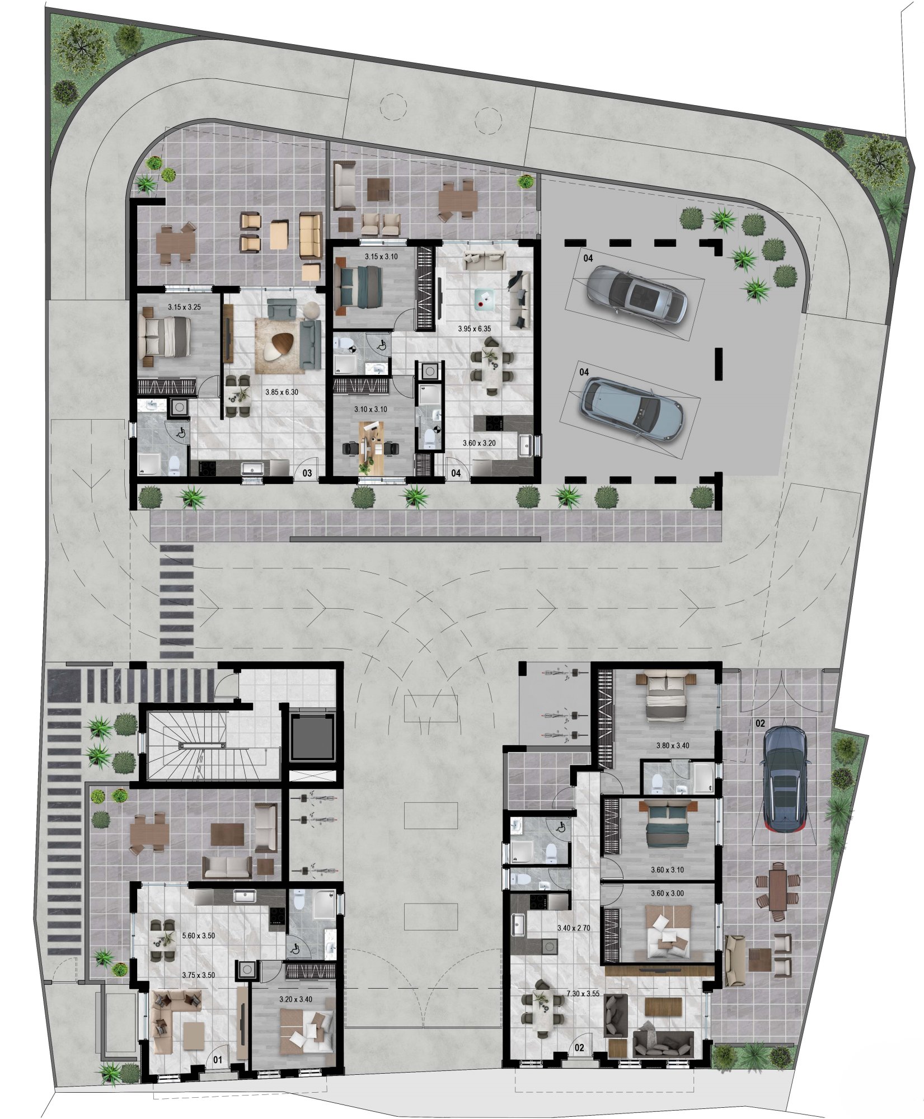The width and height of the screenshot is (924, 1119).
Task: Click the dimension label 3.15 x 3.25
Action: click(x=184, y=307)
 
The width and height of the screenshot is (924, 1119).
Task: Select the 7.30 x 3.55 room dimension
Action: click(x=583, y=994)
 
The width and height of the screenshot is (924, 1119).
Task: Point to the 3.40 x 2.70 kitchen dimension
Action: click(x=574, y=928)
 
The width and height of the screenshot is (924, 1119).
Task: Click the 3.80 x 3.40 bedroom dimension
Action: click(x=673, y=746)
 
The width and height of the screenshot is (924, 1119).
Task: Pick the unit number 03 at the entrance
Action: click(x=307, y=473)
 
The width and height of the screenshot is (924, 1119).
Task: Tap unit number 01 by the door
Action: click(x=218, y=1060)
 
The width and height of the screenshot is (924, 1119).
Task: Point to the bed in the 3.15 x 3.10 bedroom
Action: click(x=358, y=286)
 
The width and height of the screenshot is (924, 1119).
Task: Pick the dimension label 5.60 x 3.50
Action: click(x=199, y=935)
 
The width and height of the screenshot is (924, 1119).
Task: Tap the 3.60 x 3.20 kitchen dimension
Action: click(x=479, y=443)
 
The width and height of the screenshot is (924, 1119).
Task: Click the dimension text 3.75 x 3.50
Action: click(x=199, y=975)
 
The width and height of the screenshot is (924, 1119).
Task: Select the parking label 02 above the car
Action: click(x=760, y=723)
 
